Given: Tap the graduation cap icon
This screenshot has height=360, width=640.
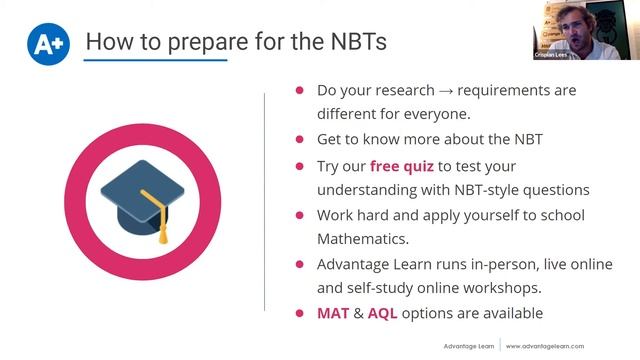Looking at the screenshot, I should click(x=146, y=196).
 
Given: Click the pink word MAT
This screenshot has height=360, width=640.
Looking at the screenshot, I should click(x=333, y=313).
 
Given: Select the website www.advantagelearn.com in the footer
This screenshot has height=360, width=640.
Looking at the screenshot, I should click(x=556, y=346).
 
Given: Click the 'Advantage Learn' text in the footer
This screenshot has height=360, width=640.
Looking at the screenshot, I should click(x=470, y=346).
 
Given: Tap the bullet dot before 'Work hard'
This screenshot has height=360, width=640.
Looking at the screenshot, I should click(x=299, y=215).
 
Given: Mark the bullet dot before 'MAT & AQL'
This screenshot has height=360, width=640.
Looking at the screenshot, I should click(x=299, y=313).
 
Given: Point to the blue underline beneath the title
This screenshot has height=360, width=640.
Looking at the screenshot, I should click(x=155, y=62).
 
